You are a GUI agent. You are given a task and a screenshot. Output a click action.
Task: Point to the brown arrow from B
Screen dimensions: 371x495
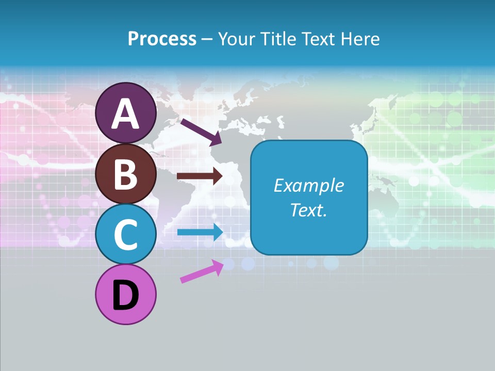point(200,176)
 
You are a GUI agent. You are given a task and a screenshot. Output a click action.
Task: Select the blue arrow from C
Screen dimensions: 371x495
point(200,232)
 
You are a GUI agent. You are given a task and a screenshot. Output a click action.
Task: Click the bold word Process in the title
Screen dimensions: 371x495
point(162,39)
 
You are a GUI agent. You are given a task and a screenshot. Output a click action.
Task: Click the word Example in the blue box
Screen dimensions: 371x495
point(308,185)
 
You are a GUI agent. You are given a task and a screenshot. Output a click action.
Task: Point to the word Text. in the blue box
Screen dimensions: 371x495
point(308,210)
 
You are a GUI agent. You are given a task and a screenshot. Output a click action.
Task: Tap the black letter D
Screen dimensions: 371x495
point(125,295)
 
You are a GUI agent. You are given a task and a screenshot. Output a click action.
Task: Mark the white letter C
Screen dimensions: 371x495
point(125,235)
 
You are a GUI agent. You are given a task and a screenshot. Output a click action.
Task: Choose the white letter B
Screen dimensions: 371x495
point(125,175)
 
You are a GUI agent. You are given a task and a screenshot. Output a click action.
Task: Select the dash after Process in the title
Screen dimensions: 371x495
point(207,40)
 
